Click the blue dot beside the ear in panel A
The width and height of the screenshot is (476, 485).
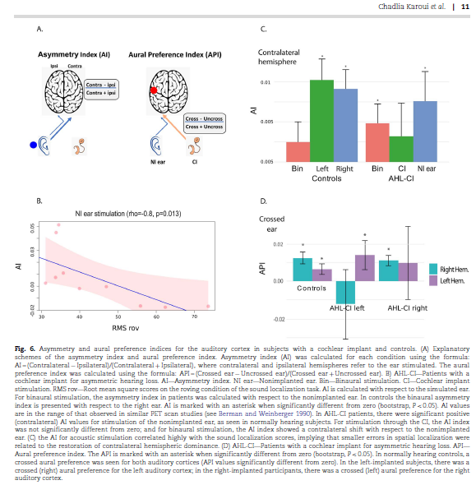click(33, 145)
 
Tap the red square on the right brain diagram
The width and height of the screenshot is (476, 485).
click(153, 89)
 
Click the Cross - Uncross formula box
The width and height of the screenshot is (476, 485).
click(204, 123)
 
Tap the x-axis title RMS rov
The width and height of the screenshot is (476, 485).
click(121, 328)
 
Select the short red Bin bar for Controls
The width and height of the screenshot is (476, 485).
click(298, 151)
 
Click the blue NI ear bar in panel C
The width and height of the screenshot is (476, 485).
click(425, 131)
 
